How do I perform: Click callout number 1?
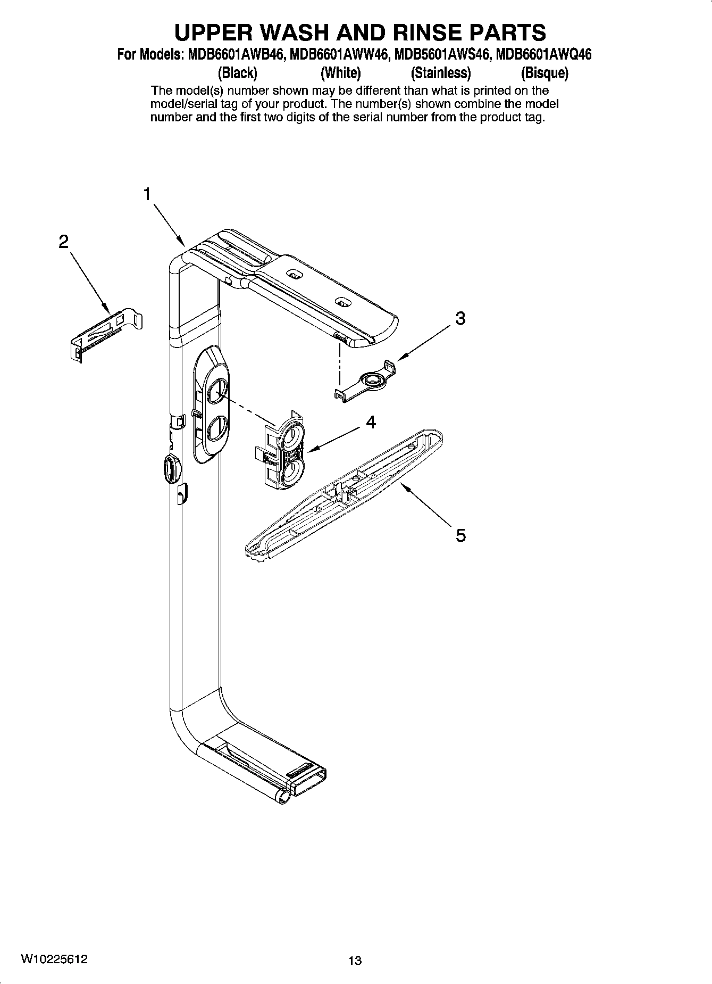pyautogui.click(x=147, y=195)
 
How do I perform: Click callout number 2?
pyautogui.click(x=63, y=242)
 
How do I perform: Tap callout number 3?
pyautogui.click(x=460, y=318)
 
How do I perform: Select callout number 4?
pyautogui.click(x=371, y=423)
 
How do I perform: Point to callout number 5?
pyautogui.click(x=460, y=535)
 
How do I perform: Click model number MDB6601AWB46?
pyautogui.click(x=234, y=55)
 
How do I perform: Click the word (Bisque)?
pyautogui.click(x=544, y=72)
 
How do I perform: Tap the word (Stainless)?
pyautogui.click(x=441, y=72)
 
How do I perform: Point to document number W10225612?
pyautogui.click(x=55, y=959)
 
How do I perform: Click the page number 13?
pyautogui.click(x=355, y=961)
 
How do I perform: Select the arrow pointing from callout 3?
pyautogui.click(x=425, y=343)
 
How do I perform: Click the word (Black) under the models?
pyautogui.click(x=238, y=72)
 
